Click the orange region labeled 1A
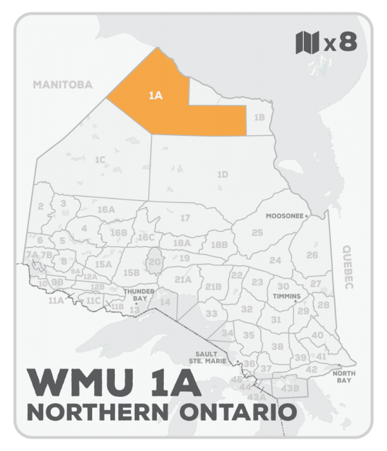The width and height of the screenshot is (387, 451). [155, 97]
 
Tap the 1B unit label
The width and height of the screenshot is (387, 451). [259, 117]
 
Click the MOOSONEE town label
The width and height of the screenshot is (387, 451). [285, 216]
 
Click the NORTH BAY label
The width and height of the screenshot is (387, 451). [342, 376]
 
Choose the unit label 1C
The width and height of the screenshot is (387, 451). [99, 159]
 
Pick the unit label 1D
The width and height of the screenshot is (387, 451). [222, 175]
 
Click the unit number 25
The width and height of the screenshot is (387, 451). [257, 233]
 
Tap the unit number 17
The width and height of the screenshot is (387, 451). [185, 218]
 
